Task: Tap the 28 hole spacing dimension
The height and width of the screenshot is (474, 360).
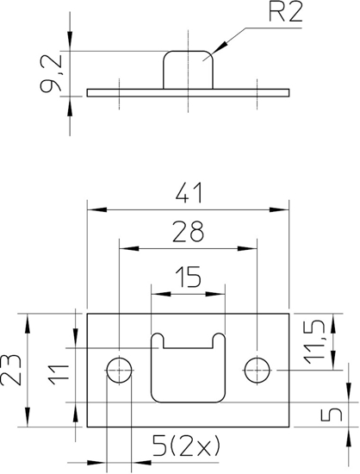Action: click(188, 231)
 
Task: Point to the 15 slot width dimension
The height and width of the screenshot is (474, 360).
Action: click(188, 277)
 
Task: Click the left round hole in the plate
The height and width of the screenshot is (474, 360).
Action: click(120, 371)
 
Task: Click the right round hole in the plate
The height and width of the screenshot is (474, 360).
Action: click(257, 371)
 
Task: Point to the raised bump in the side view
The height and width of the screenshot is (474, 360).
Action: click(187, 69)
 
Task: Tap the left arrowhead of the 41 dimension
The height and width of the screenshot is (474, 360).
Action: click(91, 209)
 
